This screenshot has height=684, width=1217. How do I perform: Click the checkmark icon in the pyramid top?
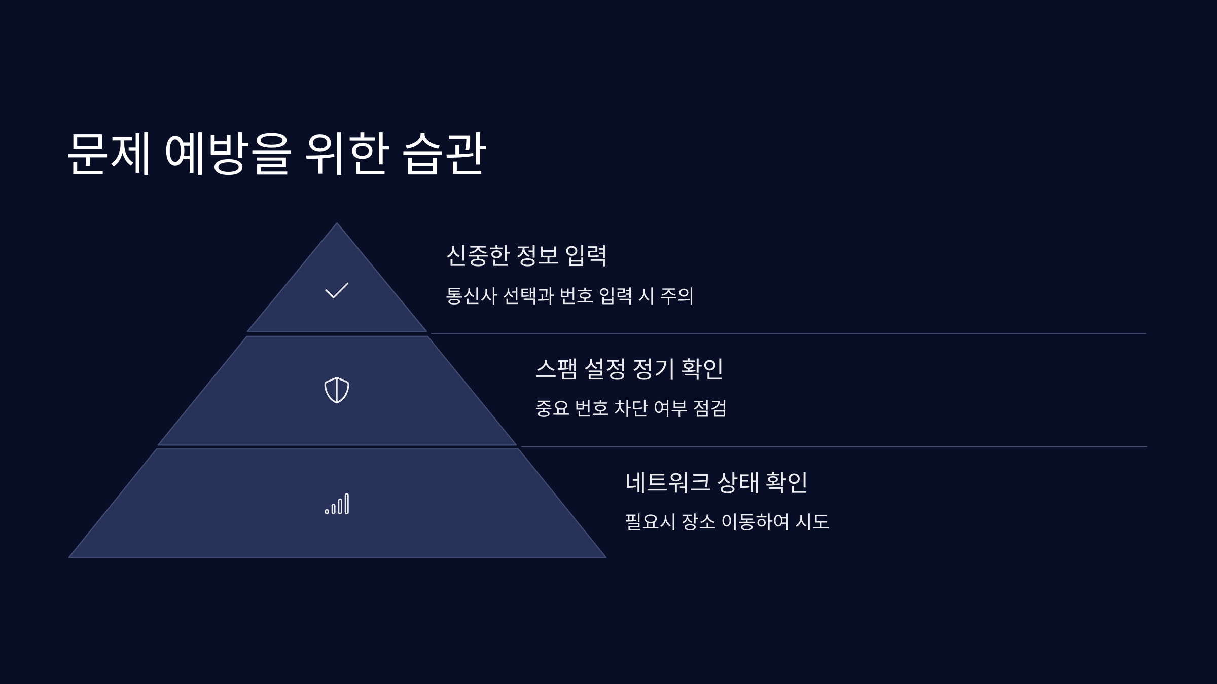coord(336,290)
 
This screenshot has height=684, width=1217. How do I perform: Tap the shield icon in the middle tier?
coord(337,390)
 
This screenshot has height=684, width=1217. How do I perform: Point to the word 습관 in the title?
coord(444,154)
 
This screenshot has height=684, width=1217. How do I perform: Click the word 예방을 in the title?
coord(228,154)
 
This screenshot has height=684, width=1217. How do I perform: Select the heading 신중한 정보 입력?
coord(526,255)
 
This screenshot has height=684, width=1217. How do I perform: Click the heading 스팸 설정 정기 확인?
coord(629,368)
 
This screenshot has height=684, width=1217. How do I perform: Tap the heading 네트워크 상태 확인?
coord(716,482)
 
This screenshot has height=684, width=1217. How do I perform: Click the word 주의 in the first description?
coord(677,295)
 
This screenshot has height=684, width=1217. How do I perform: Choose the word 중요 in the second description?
coord(552,408)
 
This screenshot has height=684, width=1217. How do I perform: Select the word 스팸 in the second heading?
coord(556,368)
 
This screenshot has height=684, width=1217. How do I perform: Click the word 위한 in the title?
coord(347,154)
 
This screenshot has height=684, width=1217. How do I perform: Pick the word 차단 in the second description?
coord(631,408)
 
